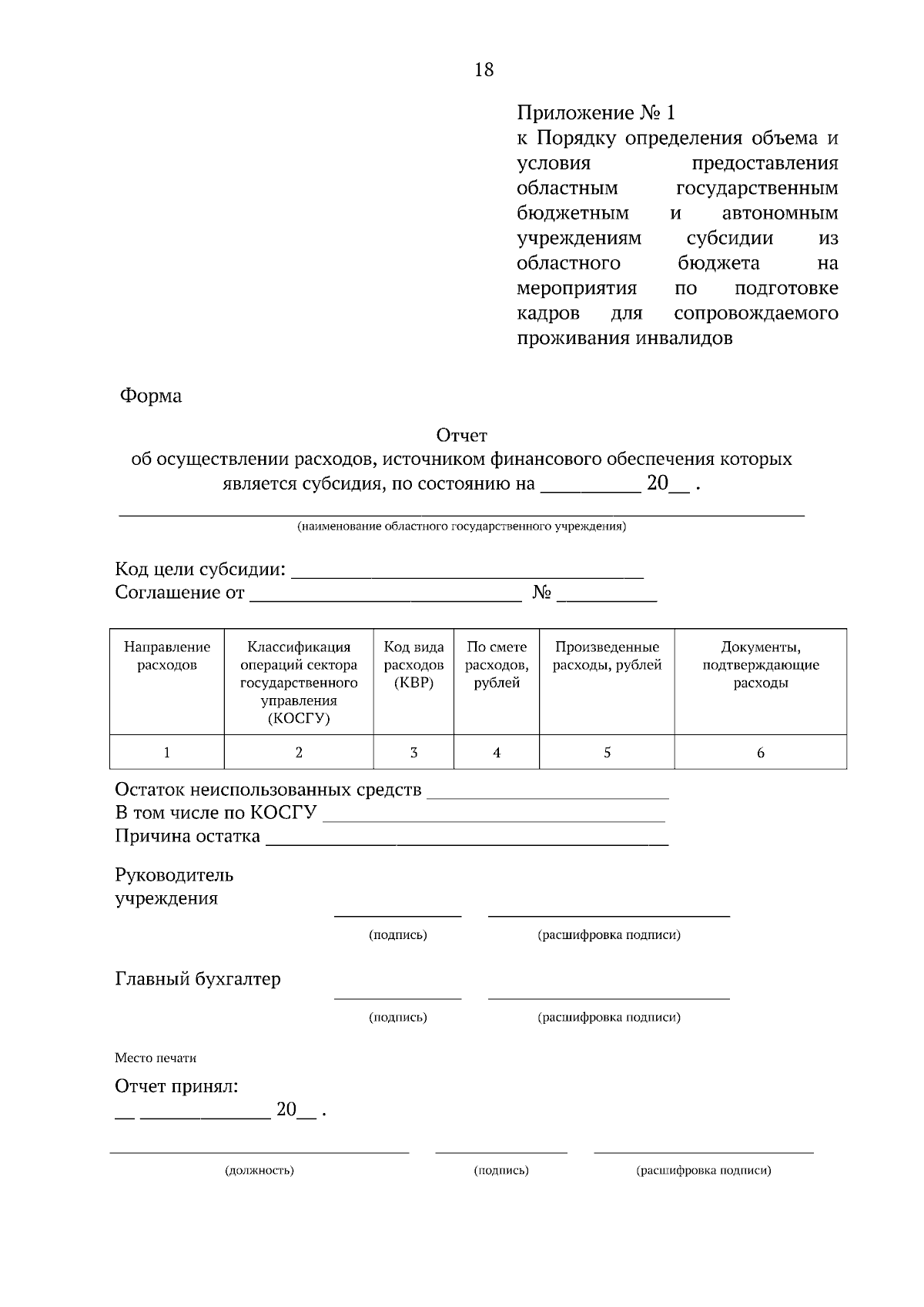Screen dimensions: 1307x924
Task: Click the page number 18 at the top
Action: click(x=484, y=70)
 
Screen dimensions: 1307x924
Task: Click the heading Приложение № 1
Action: click(x=595, y=113)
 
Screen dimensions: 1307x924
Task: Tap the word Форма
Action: click(x=151, y=396)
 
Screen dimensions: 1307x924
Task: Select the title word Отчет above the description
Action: click(x=462, y=436)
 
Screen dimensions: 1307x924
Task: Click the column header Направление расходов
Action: click(x=167, y=656)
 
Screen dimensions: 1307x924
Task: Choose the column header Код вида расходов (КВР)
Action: click(x=413, y=665)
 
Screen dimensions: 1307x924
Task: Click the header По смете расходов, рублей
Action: click(x=497, y=665)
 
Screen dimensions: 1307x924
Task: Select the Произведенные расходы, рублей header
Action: click(x=607, y=656)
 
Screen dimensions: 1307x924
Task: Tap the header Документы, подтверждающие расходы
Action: click(x=760, y=665)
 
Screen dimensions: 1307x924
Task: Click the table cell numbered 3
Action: click(x=413, y=753)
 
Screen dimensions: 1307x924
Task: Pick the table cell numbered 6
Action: click(x=760, y=753)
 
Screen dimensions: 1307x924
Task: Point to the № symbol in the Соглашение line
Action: click(x=542, y=593)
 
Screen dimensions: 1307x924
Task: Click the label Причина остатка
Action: click(x=187, y=836)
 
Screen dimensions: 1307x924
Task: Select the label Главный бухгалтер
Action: click(x=198, y=979)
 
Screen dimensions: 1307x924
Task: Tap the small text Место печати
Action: click(x=156, y=1058)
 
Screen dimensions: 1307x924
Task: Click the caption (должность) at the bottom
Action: click(x=259, y=1171)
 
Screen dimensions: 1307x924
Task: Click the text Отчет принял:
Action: click(x=176, y=1086)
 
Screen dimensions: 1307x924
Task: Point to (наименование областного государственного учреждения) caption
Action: click(x=462, y=527)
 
